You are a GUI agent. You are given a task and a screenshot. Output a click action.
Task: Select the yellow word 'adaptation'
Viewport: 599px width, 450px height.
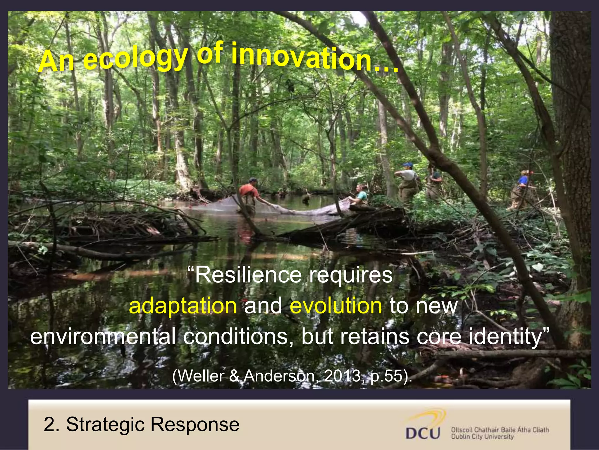[183, 306]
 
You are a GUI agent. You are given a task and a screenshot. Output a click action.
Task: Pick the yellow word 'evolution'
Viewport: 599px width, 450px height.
[336, 306]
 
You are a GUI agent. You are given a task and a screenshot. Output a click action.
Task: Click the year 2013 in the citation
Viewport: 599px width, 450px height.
[342, 376]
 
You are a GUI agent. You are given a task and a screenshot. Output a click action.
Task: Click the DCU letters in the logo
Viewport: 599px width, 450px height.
[423, 433]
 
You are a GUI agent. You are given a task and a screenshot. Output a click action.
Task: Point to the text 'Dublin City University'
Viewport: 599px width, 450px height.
[482, 437]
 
